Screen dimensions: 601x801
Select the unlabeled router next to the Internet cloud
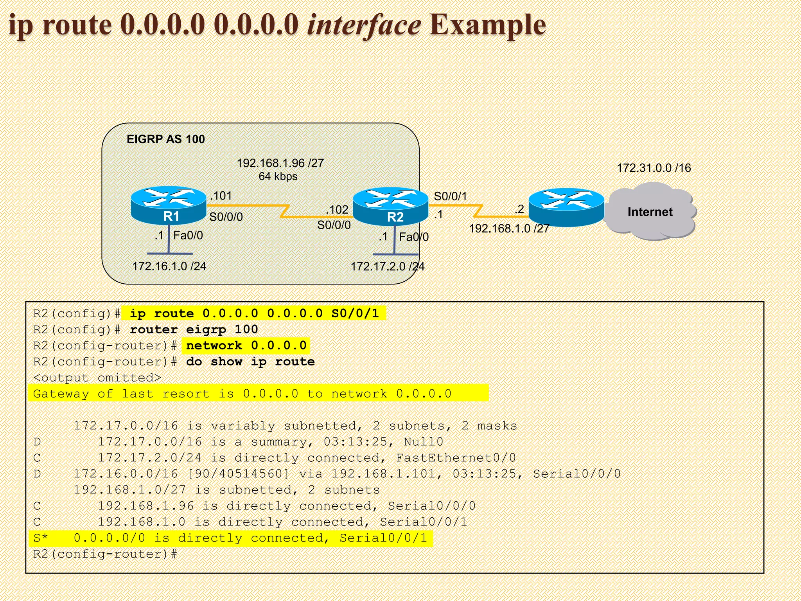tap(566, 208)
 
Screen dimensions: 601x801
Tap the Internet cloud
tap(650, 212)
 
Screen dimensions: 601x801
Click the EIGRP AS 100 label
tap(165, 139)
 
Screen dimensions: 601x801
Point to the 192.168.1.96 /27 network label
tap(280, 163)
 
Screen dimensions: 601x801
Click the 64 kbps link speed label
tap(278, 176)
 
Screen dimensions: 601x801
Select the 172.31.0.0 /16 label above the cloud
tap(654, 168)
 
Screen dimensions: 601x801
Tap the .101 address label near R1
tap(221, 196)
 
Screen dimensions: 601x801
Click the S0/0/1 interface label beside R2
tap(450, 196)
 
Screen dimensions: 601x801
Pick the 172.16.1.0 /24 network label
tap(169, 266)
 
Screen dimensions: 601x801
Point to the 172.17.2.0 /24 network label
tap(387, 267)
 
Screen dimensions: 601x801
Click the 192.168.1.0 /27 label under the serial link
tap(509, 229)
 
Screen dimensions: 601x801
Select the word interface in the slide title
tap(364, 25)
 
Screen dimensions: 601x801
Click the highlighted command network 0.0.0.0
tap(246, 345)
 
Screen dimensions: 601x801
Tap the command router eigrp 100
tap(194, 329)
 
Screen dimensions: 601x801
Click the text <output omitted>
tap(97, 378)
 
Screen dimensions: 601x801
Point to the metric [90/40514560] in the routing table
tap(238, 474)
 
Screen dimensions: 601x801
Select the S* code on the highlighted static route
tap(40, 538)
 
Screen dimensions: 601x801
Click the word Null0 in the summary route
tap(423, 442)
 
